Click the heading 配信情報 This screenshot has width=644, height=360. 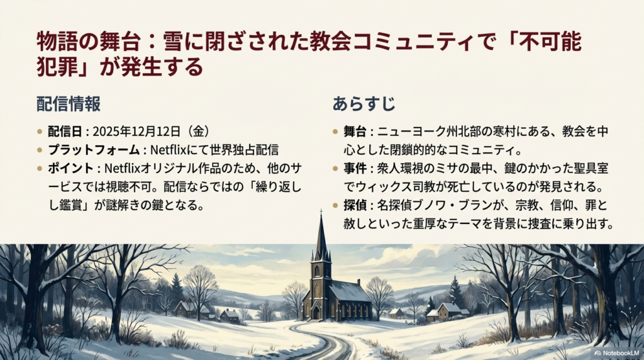tap(68, 104)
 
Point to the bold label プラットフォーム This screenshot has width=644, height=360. tap(93, 150)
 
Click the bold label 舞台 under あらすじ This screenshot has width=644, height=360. tap(355, 132)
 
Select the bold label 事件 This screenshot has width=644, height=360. tap(355, 168)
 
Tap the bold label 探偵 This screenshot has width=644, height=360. tap(355, 205)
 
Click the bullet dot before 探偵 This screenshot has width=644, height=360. tap(336, 206)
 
